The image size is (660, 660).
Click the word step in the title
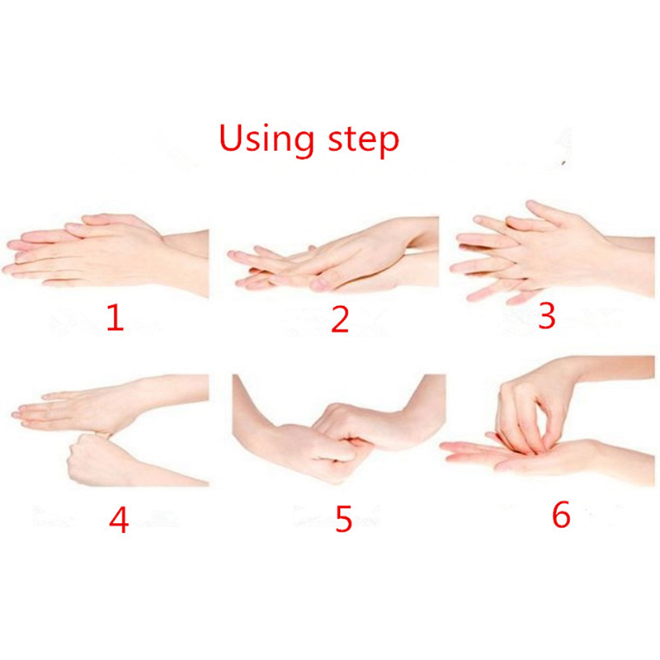point(363,141)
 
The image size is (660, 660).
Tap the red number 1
point(115,318)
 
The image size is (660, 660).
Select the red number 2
point(340,320)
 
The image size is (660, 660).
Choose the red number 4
point(118,520)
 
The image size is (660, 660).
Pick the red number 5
point(343,519)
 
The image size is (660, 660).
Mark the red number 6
point(561,514)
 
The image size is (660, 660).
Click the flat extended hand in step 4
point(106,404)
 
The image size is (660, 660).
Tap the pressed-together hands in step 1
point(106,252)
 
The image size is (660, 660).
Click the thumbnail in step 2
point(319,285)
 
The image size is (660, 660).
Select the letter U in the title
point(232,138)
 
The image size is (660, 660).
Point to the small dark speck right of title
point(564,163)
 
